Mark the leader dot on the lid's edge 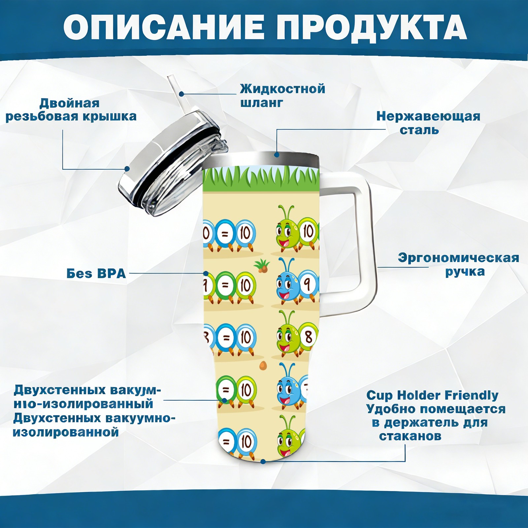[x=127, y=169]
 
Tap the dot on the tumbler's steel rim [x=277, y=154]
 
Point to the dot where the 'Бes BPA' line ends [x=206, y=274]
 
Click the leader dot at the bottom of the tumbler [x=263, y=461]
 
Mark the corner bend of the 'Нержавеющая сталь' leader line [x=277, y=129]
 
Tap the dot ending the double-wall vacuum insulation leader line [x=224, y=400]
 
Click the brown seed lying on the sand [x=263, y=365]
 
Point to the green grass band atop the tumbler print [x=261, y=180]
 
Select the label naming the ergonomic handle [x=458, y=265]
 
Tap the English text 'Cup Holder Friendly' [x=432, y=395]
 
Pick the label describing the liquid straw [x=282, y=96]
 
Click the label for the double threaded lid [x=71, y=110]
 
